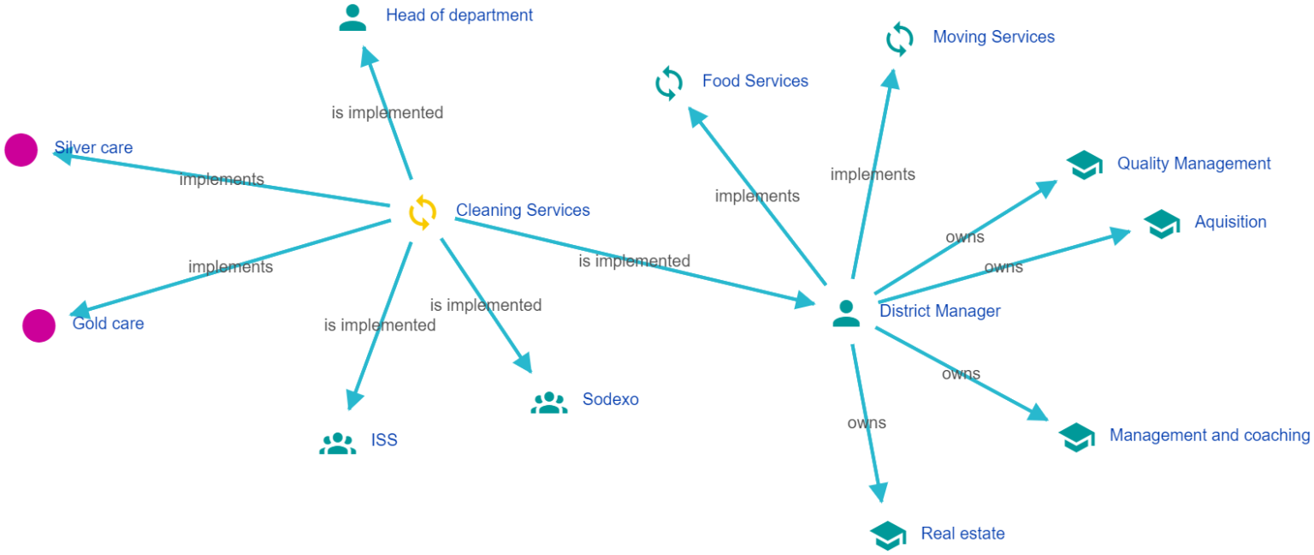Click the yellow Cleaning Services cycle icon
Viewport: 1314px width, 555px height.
point(423,212)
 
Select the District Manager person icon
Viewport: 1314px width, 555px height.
point(846,313)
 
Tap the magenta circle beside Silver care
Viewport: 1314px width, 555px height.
point(21,150)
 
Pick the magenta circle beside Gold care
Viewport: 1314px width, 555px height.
point(38,325)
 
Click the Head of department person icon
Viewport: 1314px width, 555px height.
point(352,17)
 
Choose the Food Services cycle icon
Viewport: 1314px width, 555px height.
point(669,84)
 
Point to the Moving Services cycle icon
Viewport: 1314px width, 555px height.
point(899,39)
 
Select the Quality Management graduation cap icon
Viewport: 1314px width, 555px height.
point(1085,164)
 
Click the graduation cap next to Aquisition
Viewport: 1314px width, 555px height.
point(1162,224)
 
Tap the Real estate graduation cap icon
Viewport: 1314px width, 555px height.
point(888,535)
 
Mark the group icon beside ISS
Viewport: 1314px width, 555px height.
point(337,443)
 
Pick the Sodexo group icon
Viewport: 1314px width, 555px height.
point(548,402)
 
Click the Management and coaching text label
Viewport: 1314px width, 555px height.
point(1209,435)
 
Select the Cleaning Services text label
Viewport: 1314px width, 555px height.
point(523,210)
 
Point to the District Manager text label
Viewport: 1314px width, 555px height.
point(939,311)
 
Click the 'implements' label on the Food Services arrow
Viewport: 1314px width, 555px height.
point(757,196)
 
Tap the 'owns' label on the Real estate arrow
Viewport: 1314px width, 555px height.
point(867,422)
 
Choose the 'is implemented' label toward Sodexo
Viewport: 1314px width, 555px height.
point(485,305)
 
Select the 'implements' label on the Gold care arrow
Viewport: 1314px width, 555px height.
point(230,266)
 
